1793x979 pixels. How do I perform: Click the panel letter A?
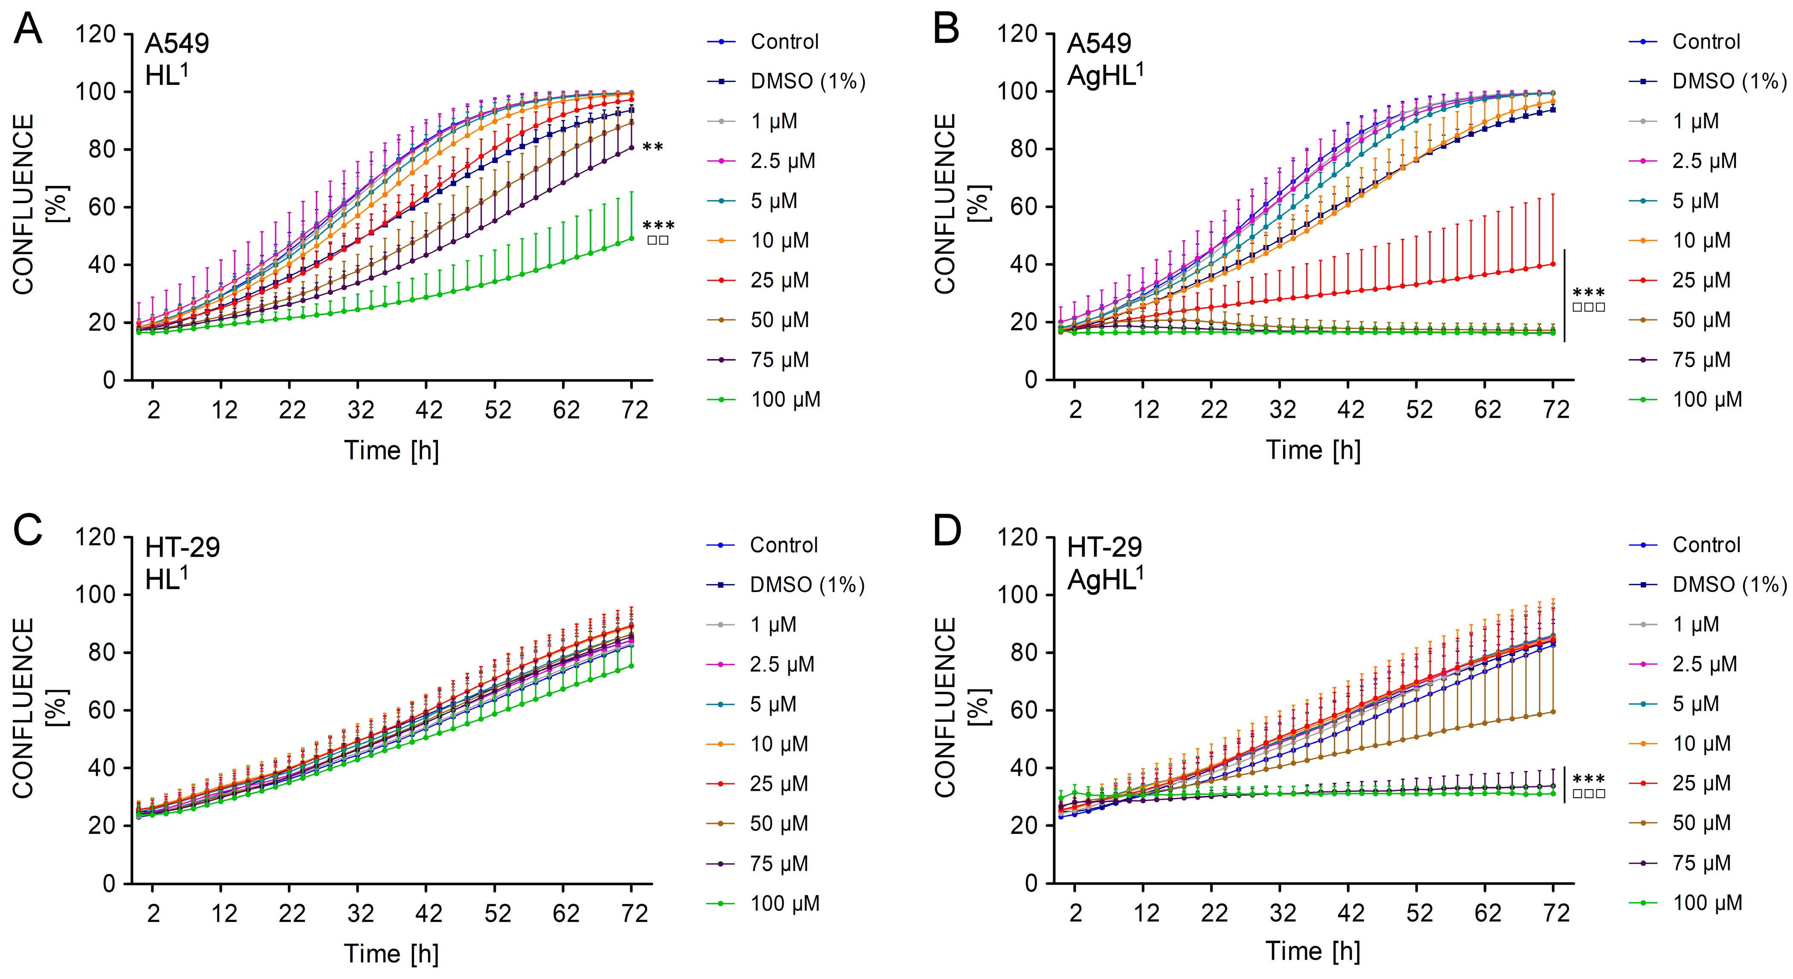click(28, 30)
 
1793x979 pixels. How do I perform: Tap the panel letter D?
click(947, 531)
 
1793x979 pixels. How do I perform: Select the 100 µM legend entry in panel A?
click(785, 400)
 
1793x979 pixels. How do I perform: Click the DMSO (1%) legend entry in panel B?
click(1729, 81)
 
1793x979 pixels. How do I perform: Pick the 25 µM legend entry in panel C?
click(778, 784)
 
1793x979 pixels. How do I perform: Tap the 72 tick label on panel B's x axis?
click(1556, 410)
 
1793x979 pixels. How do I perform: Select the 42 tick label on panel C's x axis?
click(429, 914)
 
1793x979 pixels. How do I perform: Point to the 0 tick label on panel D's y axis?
click(1031, 883)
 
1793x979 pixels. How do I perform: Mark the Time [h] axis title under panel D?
click(1313, 951)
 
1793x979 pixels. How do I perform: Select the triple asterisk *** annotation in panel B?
click(1588, 293)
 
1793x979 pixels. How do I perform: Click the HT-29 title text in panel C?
click(182, 547)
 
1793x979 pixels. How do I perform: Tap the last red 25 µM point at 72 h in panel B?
click(1553, 264)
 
